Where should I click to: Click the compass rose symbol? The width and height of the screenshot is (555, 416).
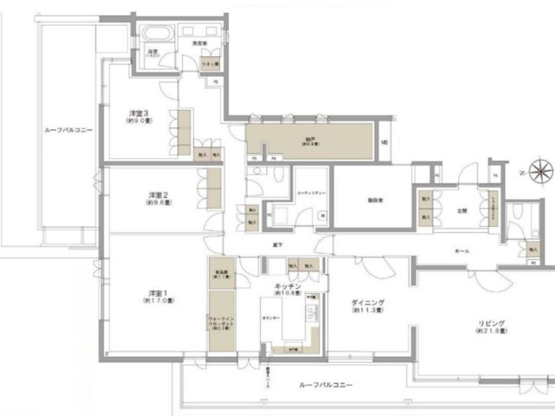click(x=541, y=172)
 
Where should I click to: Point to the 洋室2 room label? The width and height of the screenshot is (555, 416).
click(x=158, y=195)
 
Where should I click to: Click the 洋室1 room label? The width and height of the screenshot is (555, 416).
click(x=158, y=294)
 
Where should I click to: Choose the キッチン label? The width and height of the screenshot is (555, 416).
click(x=288, y=286)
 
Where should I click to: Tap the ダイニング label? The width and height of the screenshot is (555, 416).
click(x=367, y=303)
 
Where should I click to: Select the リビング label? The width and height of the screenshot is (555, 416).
click(x=491, y=323)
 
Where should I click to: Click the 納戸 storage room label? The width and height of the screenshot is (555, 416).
click(x=310, y=139)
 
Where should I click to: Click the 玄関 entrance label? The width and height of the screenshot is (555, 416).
click(x=462, y=211)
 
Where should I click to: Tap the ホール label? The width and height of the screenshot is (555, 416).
click(x=462, y=251)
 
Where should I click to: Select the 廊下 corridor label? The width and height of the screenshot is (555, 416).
click(x=277, y=245)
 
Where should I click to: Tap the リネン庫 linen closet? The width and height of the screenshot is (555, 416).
click(x=210, y=64)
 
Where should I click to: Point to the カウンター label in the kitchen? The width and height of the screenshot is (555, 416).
click(x=271, y=318)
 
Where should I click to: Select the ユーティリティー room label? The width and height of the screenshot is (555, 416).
click(x=311, y=193)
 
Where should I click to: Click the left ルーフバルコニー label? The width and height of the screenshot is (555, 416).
click(x=68, y=130)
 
